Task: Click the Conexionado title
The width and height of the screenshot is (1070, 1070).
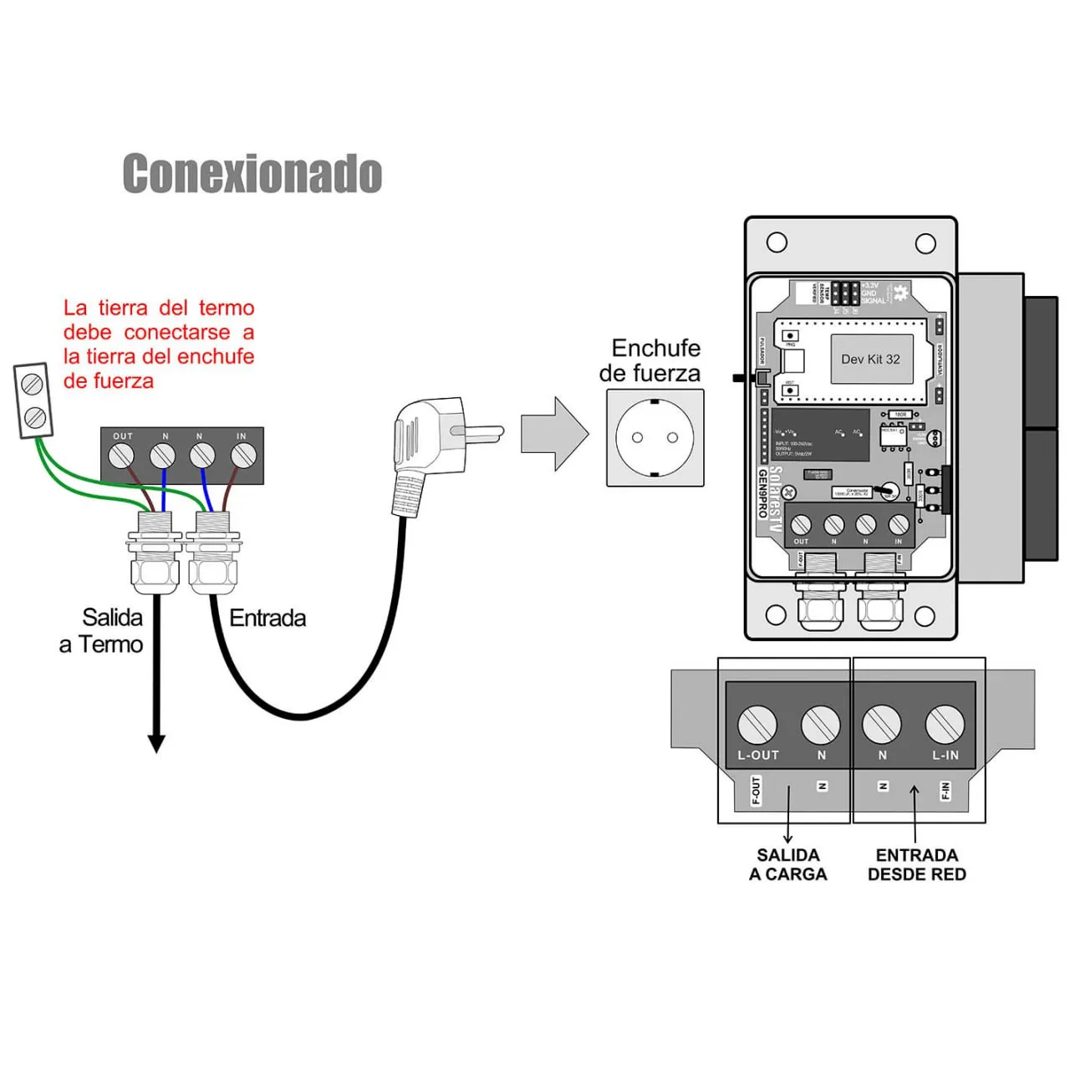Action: (x=252, y=174)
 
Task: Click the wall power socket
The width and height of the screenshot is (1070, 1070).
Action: (x=655, y=437)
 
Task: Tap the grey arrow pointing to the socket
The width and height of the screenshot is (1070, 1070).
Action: (x=553, y=434)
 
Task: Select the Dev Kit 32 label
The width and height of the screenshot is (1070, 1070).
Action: (x=870, y=359)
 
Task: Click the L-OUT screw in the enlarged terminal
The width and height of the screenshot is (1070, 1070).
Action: (x=757, y=724)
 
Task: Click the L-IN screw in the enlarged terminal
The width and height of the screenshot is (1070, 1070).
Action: (x=945, y=724)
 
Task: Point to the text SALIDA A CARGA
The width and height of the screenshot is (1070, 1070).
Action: (x=787, y=864)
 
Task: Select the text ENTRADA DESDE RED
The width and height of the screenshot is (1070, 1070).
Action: (x=916, y=864)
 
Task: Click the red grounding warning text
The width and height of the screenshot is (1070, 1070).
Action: (x=159, y=344)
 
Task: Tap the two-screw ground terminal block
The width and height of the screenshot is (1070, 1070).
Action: (x=33, y=400)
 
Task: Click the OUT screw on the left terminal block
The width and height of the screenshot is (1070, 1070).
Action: (x=122, y=456)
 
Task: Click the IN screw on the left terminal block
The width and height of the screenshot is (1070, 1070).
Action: (x=242, y=456)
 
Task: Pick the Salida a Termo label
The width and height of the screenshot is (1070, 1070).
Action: (x=102, y=631)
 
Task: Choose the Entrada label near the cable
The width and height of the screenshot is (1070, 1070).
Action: (x=267, y=619)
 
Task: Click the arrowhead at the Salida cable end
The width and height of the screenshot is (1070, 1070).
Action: (x=156, y=743)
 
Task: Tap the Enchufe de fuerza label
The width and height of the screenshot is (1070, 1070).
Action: (x=650, y=360)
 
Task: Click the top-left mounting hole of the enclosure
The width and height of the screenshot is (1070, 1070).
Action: (x=777, y=242)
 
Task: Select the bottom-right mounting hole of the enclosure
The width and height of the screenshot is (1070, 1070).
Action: (x=925, y=616)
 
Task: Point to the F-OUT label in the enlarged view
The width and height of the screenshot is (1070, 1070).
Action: (x=756, y=790)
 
